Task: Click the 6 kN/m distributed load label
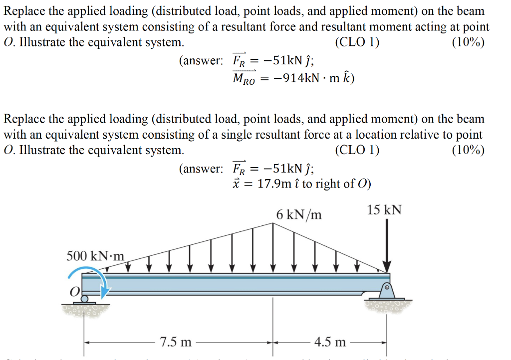click(x=298, y=214)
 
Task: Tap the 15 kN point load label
click(x=384, y=209)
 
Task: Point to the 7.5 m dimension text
click(x=175, y=342)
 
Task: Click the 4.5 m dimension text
click(x=330, y=342)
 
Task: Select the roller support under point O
click(x=84, y=299)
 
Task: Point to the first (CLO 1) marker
click(x=357, y=42)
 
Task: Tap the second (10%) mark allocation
click(x=468, y=150)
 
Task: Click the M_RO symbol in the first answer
click(x=244, y=79)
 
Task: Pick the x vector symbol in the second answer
click(x=237, y=183)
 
